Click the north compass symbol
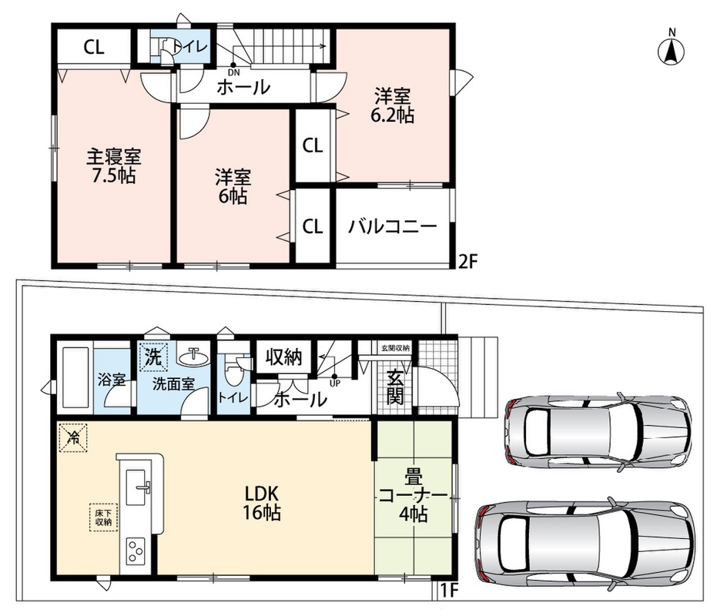[672, 47]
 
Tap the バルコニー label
[393, 226]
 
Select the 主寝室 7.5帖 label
[114, 166]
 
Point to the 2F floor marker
[467, 261]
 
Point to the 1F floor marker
[449, 591]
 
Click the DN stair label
[233, 72]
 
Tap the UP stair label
[335, 383]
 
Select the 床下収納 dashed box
[104, 517]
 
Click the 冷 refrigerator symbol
[72, 437]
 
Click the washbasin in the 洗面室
[193, 357]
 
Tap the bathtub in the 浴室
[75, 379]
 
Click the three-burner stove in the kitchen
[136, 551]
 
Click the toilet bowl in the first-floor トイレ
[233, 372]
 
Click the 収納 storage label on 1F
[284, 357]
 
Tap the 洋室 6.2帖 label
[392, 106]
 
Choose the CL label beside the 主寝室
[94, 47]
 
